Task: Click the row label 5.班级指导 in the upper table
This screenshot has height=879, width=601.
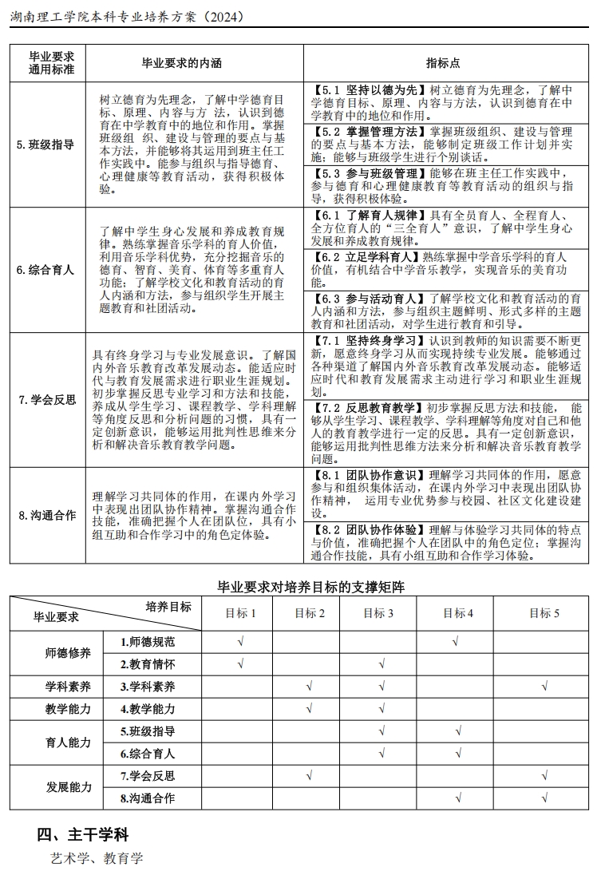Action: tap(45, 145)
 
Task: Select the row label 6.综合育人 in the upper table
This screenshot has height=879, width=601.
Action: tap(45, 270)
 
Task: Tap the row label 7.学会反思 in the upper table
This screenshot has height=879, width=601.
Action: tap(45, 400)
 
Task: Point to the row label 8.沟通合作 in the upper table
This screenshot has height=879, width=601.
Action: tap(45, 515)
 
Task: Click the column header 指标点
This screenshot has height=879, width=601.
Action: tap(444, 63)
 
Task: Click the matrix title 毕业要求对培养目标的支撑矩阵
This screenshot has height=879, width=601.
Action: tap(310, 587)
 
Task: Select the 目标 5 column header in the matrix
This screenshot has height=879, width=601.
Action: tap(544, 613)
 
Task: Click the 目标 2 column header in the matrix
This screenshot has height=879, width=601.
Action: tap(310, 613)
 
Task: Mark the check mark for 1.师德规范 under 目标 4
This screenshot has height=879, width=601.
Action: tap(455, 641)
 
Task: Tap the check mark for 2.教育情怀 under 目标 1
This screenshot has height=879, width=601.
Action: tap(241, 663)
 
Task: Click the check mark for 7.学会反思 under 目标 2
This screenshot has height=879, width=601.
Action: tap(310, 775)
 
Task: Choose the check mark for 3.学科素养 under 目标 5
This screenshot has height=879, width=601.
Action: tap(544, 686)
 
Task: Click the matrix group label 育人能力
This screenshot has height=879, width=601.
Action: tap(69, 742)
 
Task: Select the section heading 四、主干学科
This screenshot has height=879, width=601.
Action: tap(82, 834)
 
